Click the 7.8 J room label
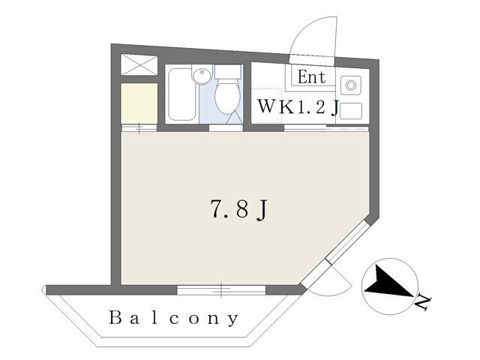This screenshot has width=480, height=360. (x=238, y=209)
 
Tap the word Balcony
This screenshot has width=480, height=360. (x=173, y=318)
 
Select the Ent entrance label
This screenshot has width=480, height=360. (x=312, y=76)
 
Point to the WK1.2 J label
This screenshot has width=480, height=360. (x=298, y=106)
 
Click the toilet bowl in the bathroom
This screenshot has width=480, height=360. (x=226, y=95)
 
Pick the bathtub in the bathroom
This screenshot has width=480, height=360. (x=182, y=94)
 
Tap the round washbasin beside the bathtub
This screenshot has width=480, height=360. (x=201, y=75)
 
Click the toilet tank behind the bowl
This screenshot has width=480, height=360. (x=227, y=72)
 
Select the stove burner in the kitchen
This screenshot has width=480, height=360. (x=351, y=85)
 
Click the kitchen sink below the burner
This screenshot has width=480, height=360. (x=351, y=111)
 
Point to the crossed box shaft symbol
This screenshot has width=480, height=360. (x=139, y=64)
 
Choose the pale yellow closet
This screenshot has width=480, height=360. (x=139, y=103)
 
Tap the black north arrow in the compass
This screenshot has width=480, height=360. (x=387, y=282)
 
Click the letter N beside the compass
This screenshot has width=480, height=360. (x=423, y=302)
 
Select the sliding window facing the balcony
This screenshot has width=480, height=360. (x=221, y=290)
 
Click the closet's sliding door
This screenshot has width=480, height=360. (x=139, y=128)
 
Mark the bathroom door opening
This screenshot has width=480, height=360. (x=226, y=128)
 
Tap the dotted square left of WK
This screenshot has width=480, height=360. (x=266, y=106)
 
